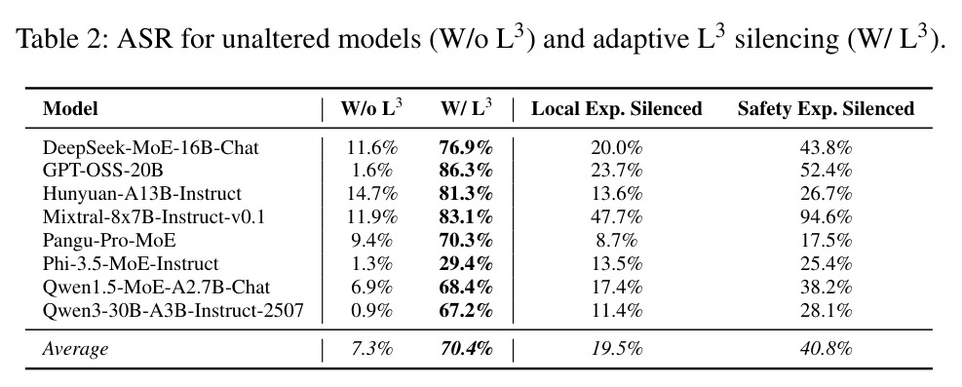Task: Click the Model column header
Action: (x=70, y=109)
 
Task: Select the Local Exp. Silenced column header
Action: (x=617, y=109)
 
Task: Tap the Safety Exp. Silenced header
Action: (x=826, y=109)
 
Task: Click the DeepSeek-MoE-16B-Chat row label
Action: (x=151, y=148)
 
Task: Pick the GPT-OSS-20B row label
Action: (x=102, y=171)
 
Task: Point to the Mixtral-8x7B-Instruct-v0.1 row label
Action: (x=153, y=216)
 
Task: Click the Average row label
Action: (x=75, y=349)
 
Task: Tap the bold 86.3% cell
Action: (x=466, y=171)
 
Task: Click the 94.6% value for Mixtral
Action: (x=826, y=216)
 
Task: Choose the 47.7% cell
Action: (x=617, y=216)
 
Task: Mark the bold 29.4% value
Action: (x=466, y=263)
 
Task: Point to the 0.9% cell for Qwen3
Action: (x=371, y=310)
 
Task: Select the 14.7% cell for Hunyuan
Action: (x=371, y=194)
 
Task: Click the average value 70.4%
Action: (x=466, y=349)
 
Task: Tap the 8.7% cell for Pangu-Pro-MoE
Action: (x=617, y=240)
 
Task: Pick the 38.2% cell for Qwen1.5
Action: (x=826, y=287)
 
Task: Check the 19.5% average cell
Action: (x=617, y=349)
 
